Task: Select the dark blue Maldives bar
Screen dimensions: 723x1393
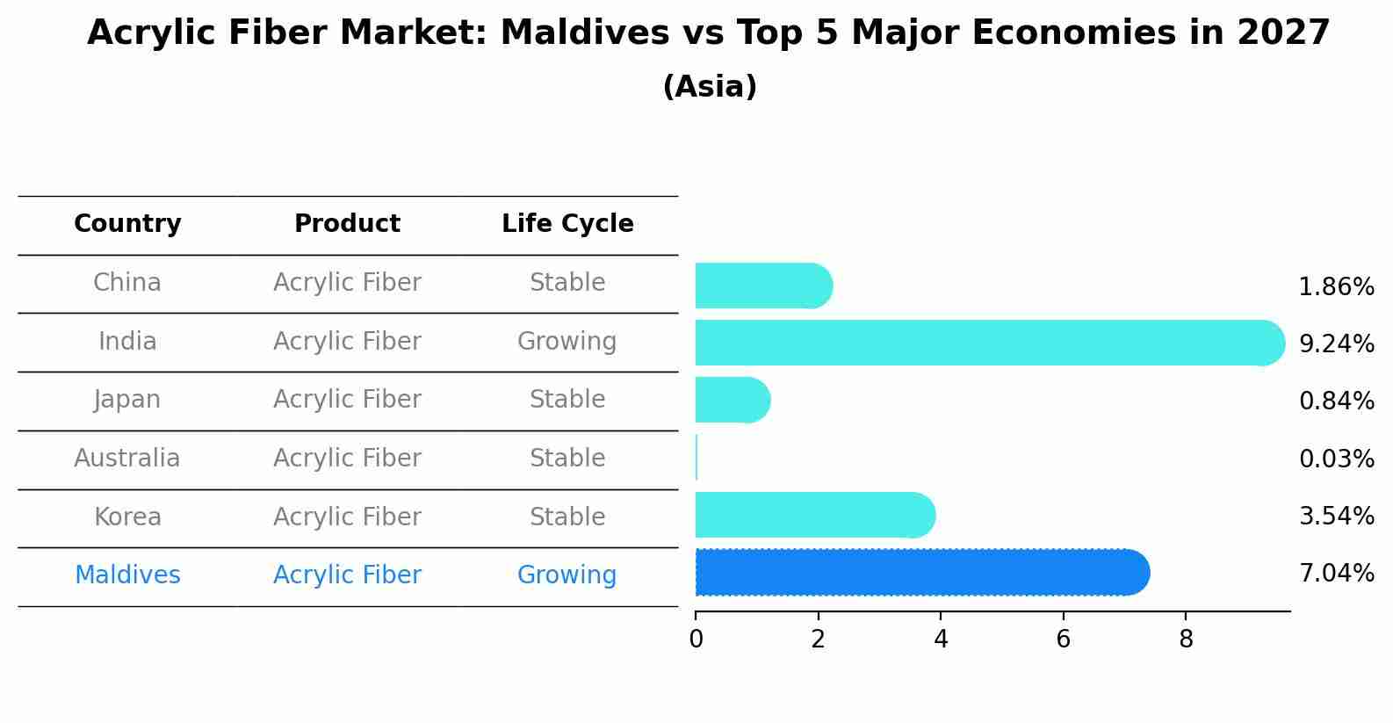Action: click(922, 573)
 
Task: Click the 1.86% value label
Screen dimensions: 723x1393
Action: click(1336, 287)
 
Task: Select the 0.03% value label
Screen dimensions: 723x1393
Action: click(1336, 459)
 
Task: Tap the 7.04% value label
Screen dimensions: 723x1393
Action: click(1336, 574)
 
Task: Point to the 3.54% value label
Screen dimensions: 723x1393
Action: click(1336, 516)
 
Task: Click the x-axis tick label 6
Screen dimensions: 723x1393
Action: click(1063, 640)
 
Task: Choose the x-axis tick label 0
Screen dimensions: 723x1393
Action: click(696, 640)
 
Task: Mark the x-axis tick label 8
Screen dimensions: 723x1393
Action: click(1186, 640)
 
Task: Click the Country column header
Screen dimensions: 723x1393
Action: click(127, 224)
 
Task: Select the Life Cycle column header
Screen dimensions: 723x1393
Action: click(567, 224)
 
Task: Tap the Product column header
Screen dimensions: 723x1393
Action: click(347, 224)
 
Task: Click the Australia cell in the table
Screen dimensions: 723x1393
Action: click(127, 459)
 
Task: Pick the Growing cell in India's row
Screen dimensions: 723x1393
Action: click(567, 342)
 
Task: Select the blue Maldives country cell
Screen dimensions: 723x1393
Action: click(127, 575)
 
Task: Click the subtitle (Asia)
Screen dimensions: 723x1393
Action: click(710, 87)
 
